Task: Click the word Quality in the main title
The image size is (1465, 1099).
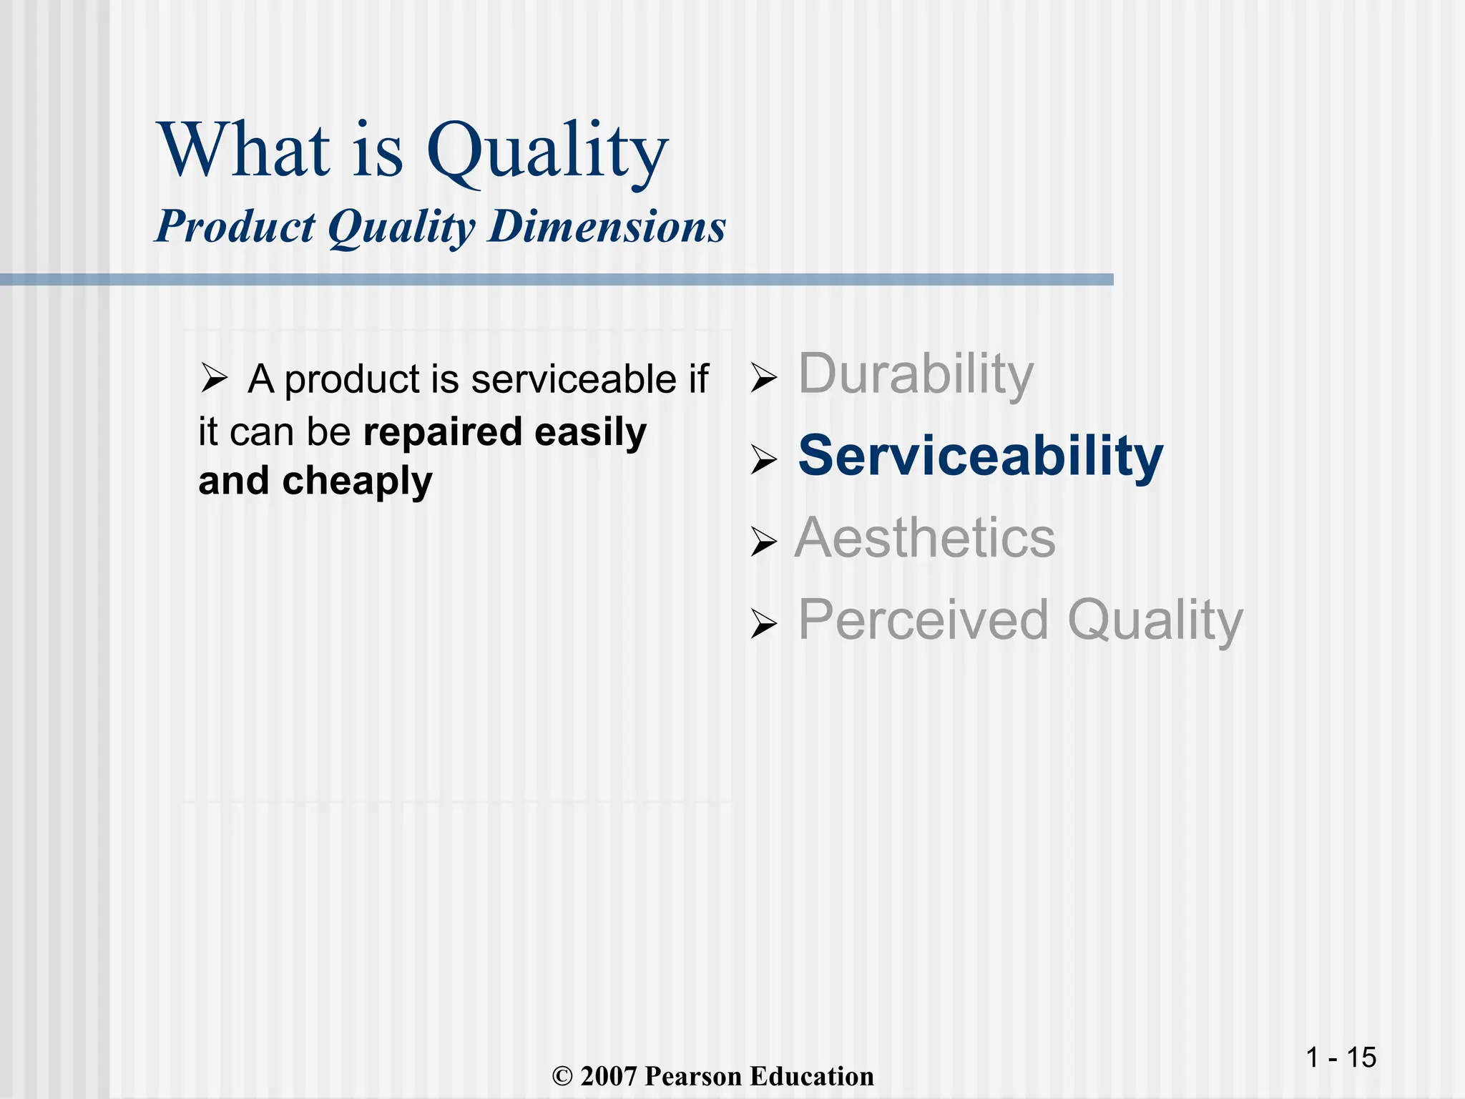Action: [x=547, y=152]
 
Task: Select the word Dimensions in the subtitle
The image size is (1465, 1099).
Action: [x=607, y=227]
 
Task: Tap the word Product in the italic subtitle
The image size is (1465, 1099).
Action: [x=235, y=227]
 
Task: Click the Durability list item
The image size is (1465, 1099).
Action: [x=916, y=375]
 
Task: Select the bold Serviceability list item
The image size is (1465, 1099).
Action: [x=980, y=456]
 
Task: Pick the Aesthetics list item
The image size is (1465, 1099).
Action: [x=925, y=538]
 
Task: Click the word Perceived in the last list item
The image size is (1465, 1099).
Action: [x=923, y=620]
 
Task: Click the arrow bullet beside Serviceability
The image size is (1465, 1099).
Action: [x=763, y=459]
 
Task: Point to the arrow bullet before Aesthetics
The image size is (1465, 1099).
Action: [x=763, y=542]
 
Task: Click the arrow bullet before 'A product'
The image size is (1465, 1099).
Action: [x=213, y=378]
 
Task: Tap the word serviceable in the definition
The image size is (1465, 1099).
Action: [x=573, y=379]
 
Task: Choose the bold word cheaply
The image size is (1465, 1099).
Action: [x=357, y=482]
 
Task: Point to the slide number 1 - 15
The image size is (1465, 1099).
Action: [x=1341, y=1058]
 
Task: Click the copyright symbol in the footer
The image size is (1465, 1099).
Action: [x=563, y=1077]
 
